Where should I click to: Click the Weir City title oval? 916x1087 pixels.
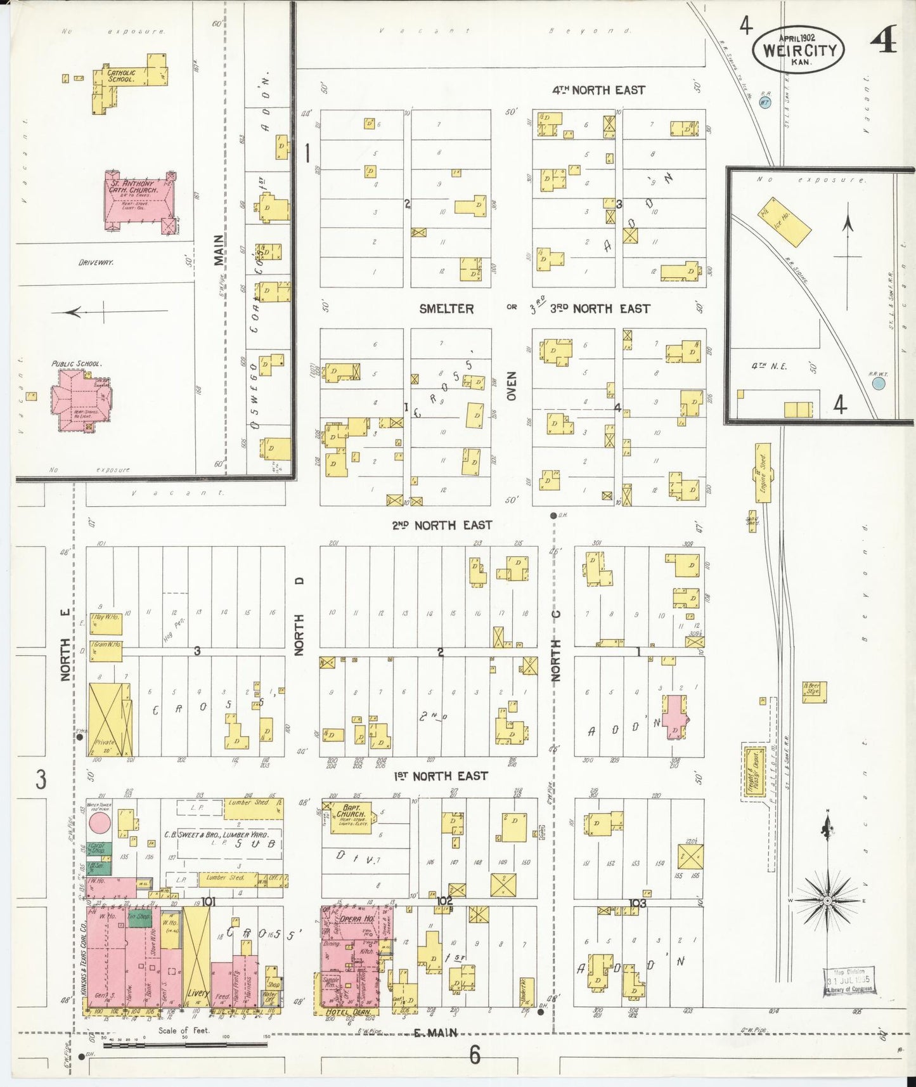[x=798, y=49]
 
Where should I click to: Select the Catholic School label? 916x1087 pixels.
[x=120, y=76]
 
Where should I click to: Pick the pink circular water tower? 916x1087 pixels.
[x=100, y=823]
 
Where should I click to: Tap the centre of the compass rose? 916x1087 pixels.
[x=827, y=901]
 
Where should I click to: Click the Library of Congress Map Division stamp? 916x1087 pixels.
[x=849, y=982]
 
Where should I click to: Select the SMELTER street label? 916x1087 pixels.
[x=446, y=309]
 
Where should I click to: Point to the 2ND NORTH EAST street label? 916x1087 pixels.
[x=441, y=525]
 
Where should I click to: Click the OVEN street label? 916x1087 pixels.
[x=511, y=386]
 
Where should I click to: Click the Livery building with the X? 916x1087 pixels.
[x=196, y=958]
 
